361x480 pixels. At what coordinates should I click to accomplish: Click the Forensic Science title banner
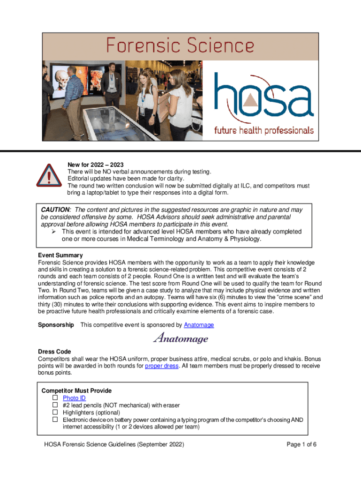180,46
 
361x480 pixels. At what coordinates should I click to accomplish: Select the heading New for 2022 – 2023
96,165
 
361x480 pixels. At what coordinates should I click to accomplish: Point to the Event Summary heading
60,255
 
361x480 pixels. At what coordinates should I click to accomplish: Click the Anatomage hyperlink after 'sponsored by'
199,325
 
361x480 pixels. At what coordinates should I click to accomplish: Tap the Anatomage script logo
180,337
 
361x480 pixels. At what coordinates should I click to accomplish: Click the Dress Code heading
54,352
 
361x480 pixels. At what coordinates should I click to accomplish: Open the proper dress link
161,366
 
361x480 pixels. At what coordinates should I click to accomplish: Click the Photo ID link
74,398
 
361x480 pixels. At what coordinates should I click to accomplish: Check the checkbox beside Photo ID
54,398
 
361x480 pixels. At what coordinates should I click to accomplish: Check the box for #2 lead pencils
54,405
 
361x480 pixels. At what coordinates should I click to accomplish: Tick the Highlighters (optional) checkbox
54,412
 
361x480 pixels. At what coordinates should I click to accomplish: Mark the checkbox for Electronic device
54,420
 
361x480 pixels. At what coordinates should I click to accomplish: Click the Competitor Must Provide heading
76,390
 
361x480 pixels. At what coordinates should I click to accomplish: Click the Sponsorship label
56,325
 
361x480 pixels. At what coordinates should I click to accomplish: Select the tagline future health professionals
264,130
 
